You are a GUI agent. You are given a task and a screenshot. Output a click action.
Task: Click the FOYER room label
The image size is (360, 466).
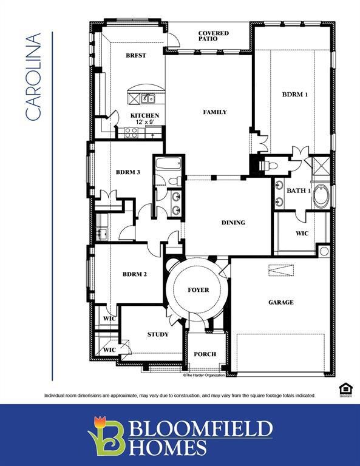(198, 290)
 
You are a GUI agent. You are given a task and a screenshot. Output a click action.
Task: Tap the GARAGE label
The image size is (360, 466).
(280, 302)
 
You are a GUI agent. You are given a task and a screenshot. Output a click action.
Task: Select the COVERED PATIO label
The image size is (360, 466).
(213, 36)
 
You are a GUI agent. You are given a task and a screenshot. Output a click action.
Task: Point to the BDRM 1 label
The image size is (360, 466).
(294, 95)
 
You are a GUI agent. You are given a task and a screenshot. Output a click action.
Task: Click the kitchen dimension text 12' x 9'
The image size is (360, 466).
(144, 123)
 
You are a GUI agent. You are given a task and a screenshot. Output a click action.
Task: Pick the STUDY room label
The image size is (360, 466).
(158, 334)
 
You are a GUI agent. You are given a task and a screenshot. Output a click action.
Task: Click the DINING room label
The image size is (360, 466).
(233, 223)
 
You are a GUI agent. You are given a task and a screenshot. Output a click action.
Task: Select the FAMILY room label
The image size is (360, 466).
(215, 112)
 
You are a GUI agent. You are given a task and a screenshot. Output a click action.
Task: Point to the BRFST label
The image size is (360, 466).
(136, 55)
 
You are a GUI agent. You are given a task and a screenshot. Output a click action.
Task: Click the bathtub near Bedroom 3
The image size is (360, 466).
(168, 164)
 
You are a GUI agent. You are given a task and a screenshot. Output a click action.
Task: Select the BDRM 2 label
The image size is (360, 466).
(135, 274)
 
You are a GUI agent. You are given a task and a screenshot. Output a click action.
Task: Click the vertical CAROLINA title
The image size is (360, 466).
(33, 76)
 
